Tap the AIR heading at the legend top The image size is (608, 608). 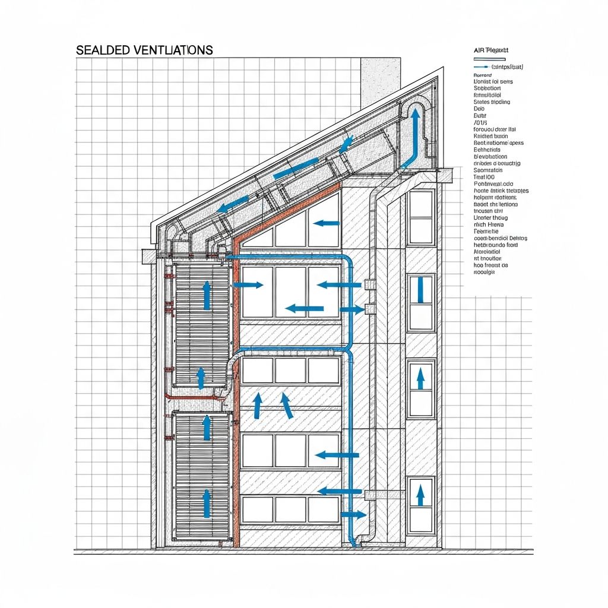479,52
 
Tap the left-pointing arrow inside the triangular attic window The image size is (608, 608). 326,224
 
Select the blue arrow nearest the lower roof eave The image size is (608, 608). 232,205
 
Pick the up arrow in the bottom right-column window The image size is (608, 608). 420,495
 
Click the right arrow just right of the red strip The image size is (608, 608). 248,285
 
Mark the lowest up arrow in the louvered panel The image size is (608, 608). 206,503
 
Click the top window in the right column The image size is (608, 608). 421,217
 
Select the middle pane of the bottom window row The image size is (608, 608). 290,509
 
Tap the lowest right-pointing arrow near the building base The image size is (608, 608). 354,514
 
